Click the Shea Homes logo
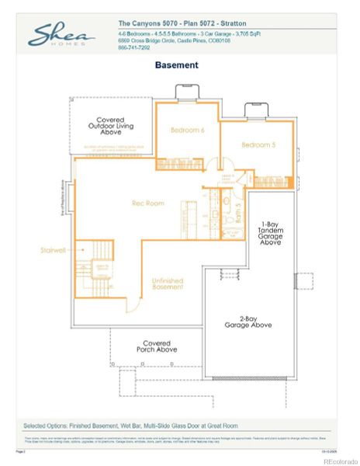coord(63,35)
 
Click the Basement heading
coord(176,65)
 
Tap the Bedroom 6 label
coord(187,130)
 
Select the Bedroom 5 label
coord(257,145)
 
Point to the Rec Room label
coord(147,203)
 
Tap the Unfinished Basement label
coord(167,283)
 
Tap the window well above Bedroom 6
coord(187,93)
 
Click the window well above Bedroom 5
coord(254,110)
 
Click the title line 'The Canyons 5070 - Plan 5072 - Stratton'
coord(176,25)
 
